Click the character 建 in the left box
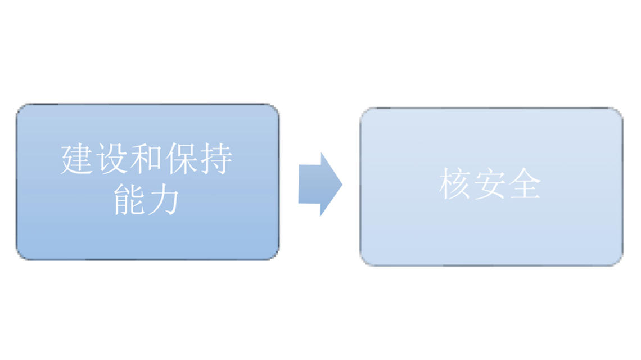tap(77, 159)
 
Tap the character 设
tap(111, 159)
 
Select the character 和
tap(146, 159)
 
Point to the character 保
tap(180, 159)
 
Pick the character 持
tap(215, 159)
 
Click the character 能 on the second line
tap(129, 199)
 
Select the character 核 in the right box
tap(455, 184)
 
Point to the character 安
tap(490, 184)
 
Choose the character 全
tap(525, 184)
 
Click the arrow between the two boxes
tap(320, 184)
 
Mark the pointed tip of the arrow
tap(342, 184)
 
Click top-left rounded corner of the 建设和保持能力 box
tap(20, 108)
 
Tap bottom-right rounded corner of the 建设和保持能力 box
tap(275, 256)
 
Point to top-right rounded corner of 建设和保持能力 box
tap(275, 108)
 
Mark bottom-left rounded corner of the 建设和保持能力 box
tap(20, 256)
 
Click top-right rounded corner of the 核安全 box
tap(619, 112)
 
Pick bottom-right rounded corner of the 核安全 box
tap(619, 262)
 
